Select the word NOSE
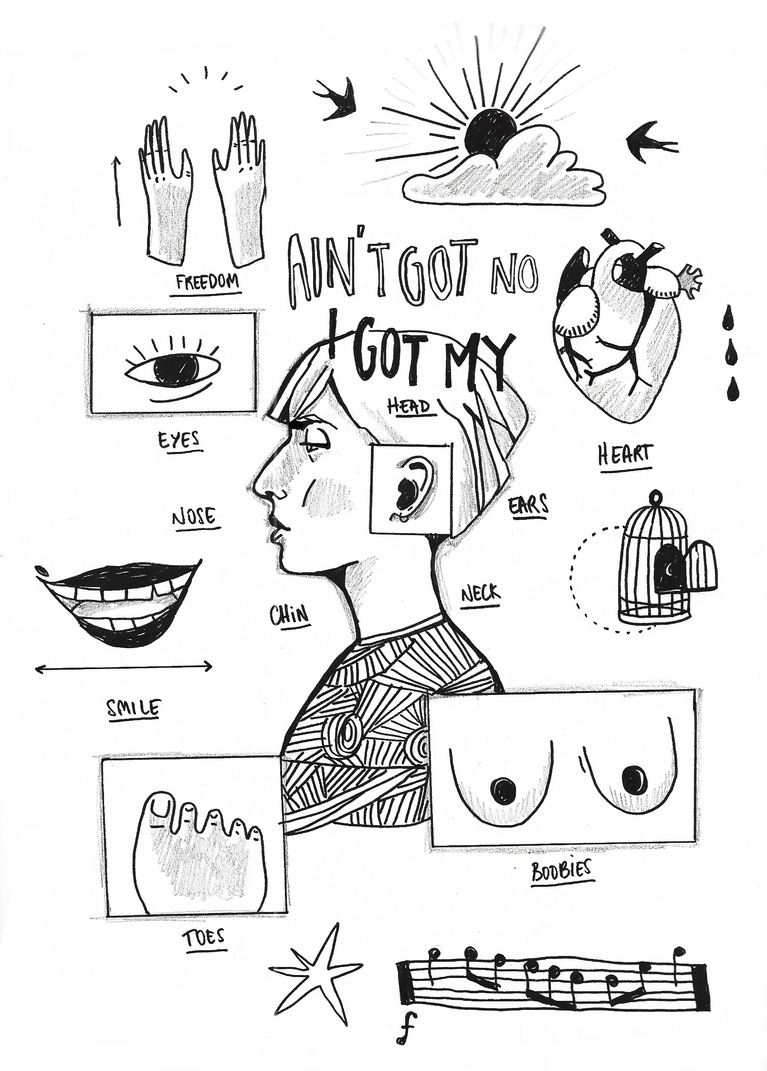coord(194,517)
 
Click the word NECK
coord(481,594)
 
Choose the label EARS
coord(528,504)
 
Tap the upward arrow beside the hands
coord(116,191)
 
